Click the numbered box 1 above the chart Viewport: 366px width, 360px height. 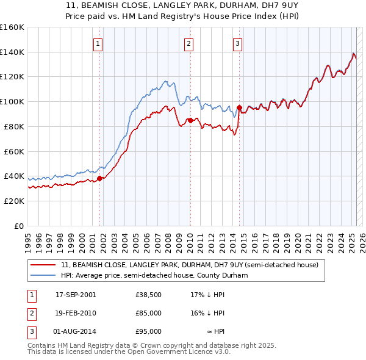98,43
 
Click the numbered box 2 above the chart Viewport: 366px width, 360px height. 189,43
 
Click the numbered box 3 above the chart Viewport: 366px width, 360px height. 237,43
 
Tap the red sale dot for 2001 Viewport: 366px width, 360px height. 99,178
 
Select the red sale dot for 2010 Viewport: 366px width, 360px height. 190,120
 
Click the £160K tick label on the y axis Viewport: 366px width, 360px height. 12,27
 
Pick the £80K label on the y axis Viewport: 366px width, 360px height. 15,126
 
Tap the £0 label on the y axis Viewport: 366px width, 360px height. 20,226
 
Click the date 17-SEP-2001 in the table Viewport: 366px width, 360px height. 76,295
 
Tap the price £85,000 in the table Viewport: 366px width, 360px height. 149,313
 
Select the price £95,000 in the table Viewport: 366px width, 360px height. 149,331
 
